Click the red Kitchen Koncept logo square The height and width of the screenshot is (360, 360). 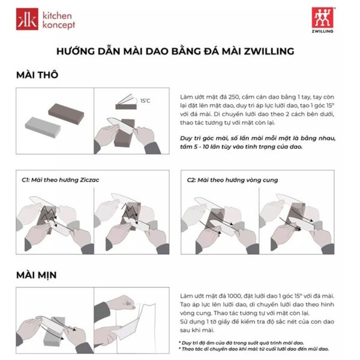coord(27,19)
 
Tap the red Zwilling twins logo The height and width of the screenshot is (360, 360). coord(322,17)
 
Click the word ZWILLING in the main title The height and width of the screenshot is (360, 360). coord(269,51)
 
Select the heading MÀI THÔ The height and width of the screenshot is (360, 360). coord(37,75)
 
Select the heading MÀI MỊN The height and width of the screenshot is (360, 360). coord(37,275)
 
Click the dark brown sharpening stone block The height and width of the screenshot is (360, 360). coord(66,114)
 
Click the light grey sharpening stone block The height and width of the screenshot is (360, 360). coord(43,127)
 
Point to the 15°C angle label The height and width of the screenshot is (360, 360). coord(145,101)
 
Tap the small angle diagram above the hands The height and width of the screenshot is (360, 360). coord(126,102)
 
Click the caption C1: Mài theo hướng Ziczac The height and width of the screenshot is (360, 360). coord(61,180)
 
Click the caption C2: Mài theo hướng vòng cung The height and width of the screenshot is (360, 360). coord(232,180)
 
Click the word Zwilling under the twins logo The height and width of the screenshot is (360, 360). coord(323,31)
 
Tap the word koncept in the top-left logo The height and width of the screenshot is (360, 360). coord(59,25)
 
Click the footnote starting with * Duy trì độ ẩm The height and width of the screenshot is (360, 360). coord(241,343)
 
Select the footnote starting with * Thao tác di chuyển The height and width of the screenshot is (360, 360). coord(254,349)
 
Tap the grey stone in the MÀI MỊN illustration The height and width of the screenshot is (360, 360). coord(53,332)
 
